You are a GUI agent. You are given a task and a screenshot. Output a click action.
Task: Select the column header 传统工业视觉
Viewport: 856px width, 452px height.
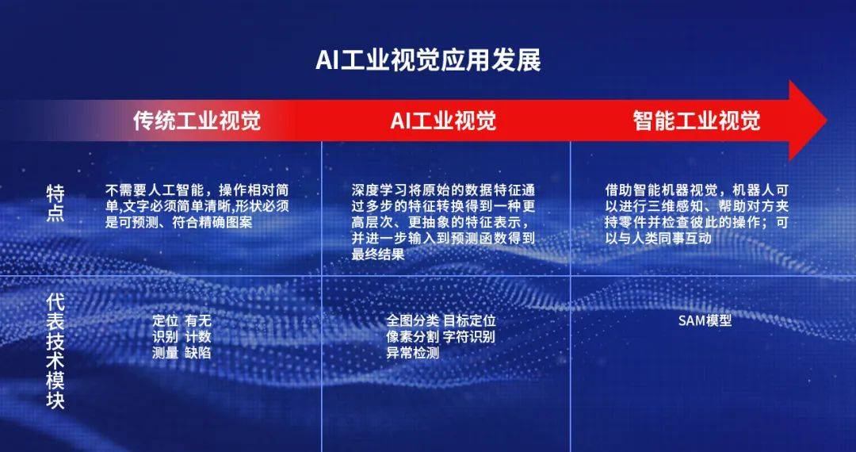pos(197,121)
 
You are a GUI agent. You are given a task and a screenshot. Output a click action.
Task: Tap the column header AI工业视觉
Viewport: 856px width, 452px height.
pos(443,121)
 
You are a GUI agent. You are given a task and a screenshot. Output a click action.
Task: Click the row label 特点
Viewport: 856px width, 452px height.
pos(55,203)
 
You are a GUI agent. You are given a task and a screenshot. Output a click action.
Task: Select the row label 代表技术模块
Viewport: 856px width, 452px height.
pos(55,348)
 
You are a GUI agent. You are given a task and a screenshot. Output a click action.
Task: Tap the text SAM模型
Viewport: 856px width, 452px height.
pos(704,321)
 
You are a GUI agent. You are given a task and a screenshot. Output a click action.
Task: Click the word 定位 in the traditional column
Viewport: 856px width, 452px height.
pos(165,321)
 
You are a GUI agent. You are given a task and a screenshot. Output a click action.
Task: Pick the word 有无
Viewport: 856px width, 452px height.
pos(198,321)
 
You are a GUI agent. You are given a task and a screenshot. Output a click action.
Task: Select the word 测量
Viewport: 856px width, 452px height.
pos(165,353)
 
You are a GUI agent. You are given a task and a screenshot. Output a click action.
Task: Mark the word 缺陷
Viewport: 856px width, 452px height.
pos(198,353)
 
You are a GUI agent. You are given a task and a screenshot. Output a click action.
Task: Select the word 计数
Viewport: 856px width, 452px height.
pos(198,337)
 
